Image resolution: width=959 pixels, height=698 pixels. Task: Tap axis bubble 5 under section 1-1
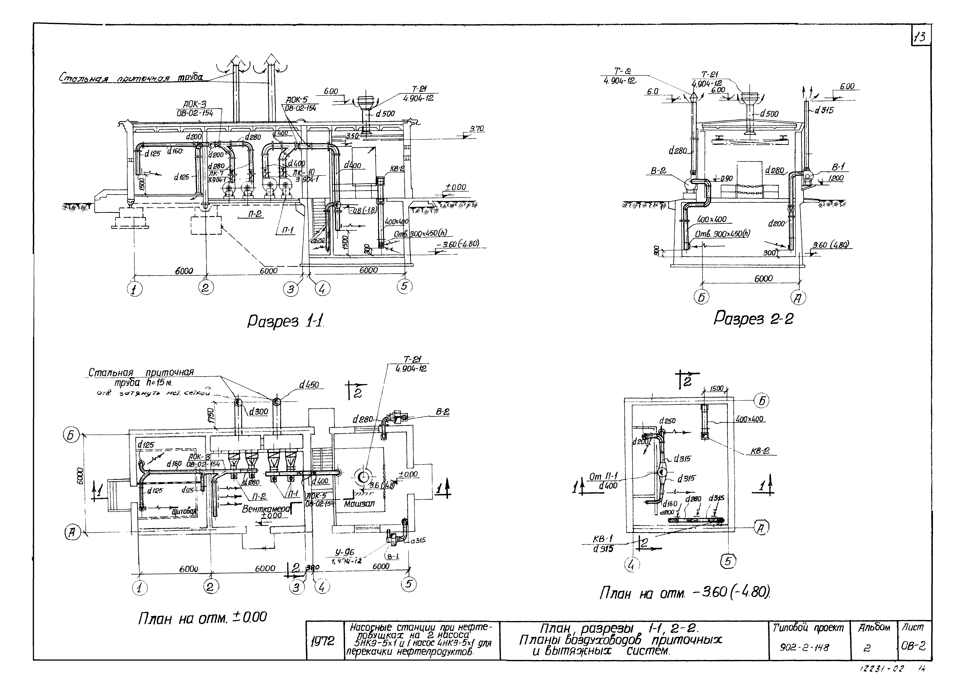(x=404, y=286)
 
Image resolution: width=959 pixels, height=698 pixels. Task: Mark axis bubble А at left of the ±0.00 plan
(x=72, y=534)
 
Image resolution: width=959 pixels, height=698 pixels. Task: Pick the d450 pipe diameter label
(x=309, y=385)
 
